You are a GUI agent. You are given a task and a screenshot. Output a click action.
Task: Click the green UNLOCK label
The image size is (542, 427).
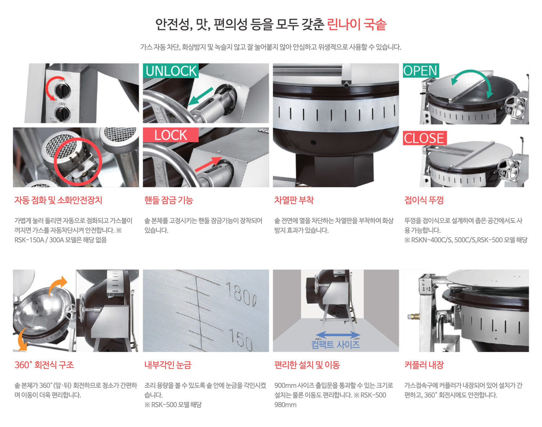171,71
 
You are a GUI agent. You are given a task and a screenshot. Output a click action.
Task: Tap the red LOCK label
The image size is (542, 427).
171,135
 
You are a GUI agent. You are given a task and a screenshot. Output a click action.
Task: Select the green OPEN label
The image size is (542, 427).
421,71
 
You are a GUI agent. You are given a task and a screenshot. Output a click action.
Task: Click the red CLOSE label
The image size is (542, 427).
424,138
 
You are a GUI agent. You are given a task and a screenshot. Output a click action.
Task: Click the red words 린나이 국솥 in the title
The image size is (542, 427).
357,25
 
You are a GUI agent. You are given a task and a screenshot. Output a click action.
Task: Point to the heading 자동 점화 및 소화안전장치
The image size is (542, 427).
58,200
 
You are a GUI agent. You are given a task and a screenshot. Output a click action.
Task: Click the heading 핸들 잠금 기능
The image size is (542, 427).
169,200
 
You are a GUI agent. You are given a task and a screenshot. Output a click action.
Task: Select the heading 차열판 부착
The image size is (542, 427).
294,200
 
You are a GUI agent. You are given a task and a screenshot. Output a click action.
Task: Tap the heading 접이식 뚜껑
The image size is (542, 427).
424,200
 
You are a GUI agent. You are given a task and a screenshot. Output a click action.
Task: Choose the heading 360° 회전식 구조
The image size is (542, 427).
44,365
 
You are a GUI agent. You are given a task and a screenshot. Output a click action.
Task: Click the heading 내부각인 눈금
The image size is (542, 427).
168,365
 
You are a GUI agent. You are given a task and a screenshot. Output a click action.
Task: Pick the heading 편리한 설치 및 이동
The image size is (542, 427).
307,365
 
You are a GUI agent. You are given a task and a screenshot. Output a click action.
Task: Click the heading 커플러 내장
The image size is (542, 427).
424,365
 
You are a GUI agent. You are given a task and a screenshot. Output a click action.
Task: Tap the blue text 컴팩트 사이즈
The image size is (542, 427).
335,344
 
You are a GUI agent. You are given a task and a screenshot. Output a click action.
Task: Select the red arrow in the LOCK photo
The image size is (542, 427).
208,164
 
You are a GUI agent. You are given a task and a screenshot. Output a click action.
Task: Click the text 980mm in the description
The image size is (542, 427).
285,405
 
